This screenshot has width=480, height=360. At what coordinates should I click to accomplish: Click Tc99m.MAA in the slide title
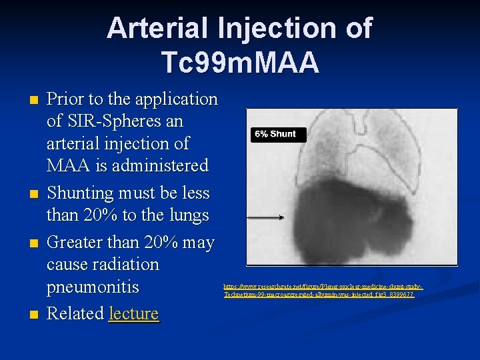(240, 62)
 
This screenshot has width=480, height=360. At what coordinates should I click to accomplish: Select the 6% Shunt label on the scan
(274, 134)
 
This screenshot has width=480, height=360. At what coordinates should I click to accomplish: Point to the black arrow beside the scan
(265, 217)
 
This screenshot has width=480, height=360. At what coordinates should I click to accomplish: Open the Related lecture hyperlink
(133, 313)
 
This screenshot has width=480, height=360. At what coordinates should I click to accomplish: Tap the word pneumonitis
(93, 287)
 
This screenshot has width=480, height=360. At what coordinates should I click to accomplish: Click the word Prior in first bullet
(67, 99)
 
